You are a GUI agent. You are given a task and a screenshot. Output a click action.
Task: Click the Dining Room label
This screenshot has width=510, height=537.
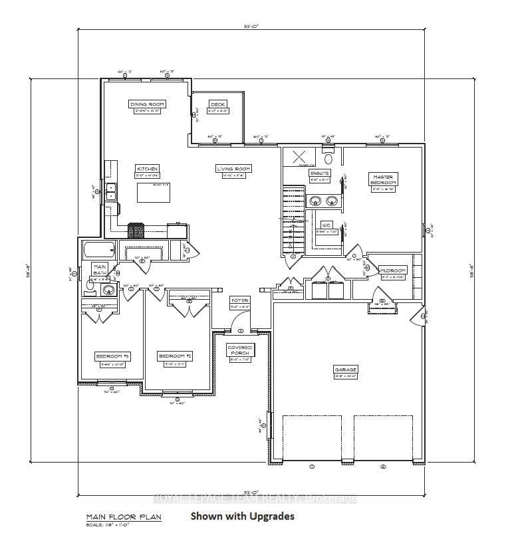pyautogui.click(x=147, y=104)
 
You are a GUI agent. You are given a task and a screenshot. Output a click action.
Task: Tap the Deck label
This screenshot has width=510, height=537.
pyautogui.click(x=218, y=104)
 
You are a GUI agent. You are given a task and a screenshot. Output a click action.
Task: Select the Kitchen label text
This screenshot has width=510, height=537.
pyautogui.click(x=147, y=169)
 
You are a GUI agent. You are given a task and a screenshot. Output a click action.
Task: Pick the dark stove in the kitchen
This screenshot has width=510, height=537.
pyautogui.click(x=136, y=231)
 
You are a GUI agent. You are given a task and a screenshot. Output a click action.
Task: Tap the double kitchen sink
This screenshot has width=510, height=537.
pyautogui.click(x=112, y=191)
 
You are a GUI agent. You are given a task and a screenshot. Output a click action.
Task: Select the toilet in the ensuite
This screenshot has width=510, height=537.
pyautogui.click(x=328, y=158)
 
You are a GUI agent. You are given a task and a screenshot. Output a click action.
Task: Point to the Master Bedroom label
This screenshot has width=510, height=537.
pyautogui.click(x=384, y=179)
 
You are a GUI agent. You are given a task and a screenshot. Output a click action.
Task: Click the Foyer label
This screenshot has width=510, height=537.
pyautogui.click(x=239, y=300)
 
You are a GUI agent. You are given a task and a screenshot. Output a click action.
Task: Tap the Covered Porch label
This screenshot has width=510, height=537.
pyautogui.click(x=240, y=350)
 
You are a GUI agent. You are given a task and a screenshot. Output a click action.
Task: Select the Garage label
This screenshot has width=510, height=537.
pyautogui.click(x=346, y=369)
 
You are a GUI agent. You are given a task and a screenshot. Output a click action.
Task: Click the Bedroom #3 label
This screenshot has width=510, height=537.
pyautogui.click(x=112, y=357)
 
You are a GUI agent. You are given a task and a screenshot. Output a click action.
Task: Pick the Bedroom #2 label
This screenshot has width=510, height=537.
pyautogui.click(x=175, y=357)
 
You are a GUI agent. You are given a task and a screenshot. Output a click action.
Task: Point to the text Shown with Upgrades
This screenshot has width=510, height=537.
pyautogui.click(x=242, y=516)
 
